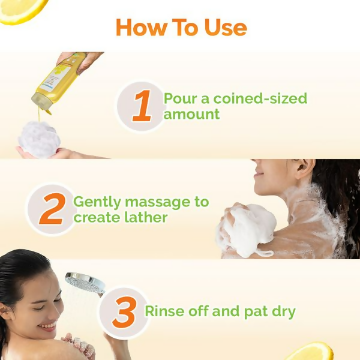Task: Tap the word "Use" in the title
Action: pos(224,28)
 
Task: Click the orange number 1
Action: pos(142,107)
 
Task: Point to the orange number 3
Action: pos(124,312)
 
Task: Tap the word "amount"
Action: pos(192,114)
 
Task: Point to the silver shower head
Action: pos(84,282)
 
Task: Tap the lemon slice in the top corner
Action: pos(21,9)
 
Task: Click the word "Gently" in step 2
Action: pos(96,202)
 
